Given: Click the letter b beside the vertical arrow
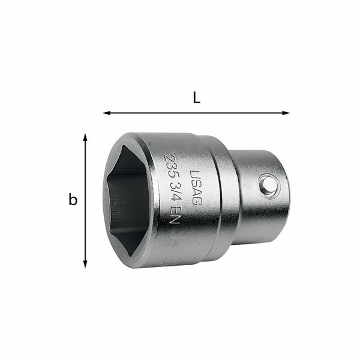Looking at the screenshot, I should point(73,200).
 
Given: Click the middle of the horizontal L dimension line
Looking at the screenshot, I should point(196,112).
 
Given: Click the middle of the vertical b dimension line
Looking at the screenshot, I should point(85,200).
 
